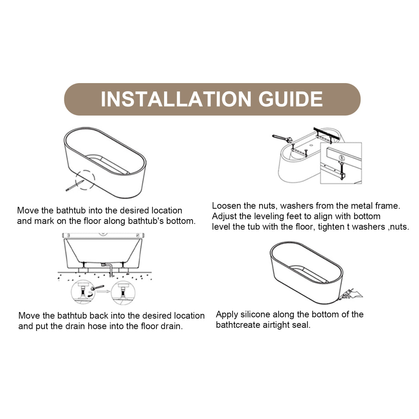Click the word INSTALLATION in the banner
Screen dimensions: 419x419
click(176, 99)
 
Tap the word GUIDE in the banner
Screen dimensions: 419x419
click(291, 99)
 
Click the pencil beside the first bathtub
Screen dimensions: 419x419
click(75, 186)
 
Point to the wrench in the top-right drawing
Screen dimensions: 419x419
click(282, 138)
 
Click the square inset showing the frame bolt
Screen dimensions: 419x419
click(341, 163)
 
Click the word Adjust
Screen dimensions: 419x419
click(224, 216)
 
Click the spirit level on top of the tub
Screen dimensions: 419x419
click(103, 235)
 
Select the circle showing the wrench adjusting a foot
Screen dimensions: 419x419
click(83, 292)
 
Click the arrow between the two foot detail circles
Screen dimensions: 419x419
click(103, 291)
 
